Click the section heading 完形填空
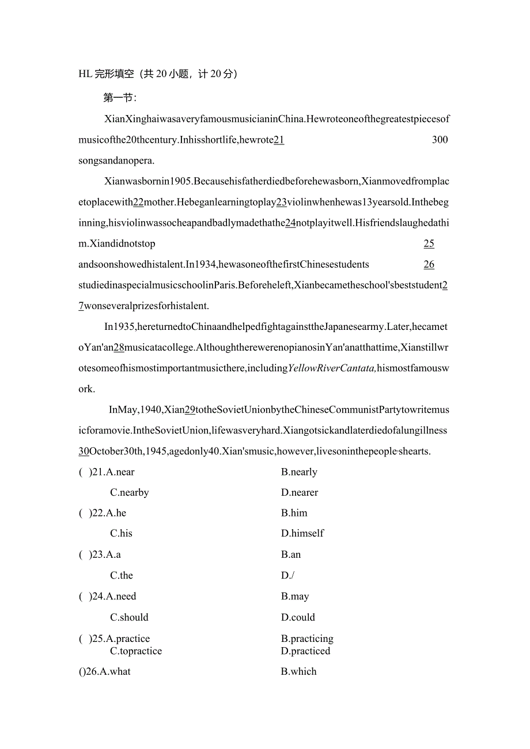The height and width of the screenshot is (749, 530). point(114,74)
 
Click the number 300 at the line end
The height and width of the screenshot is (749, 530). point(440,140)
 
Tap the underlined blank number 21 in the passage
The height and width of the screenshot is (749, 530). point(279,140)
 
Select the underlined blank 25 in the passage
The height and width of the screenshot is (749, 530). point(429,244)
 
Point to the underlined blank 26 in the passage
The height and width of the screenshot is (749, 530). point(429,264)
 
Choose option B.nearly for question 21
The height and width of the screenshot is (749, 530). point(299,472)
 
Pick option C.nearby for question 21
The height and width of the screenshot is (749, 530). point(130,493)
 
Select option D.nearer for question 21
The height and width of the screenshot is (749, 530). point(300,493)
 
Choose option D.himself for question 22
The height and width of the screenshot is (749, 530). point(302,534)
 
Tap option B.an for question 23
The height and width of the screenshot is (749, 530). point(291,555)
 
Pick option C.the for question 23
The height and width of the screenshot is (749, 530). point(122,576)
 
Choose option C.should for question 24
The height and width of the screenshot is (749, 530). point(129,618)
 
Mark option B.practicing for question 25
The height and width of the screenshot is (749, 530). point(307,639)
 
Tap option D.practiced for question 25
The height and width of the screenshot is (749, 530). point(305,651)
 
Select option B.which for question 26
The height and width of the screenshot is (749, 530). point(298,672)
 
